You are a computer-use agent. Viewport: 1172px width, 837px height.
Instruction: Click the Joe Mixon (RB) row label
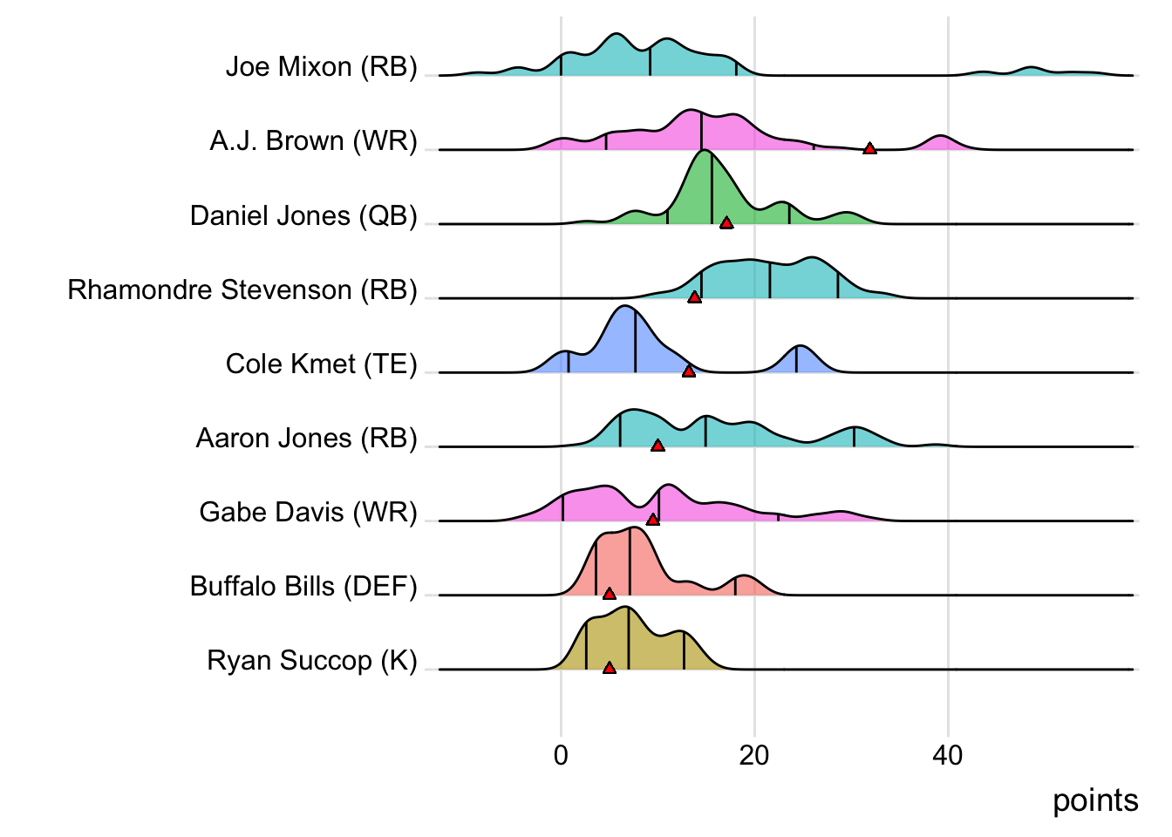[x=321, y=67]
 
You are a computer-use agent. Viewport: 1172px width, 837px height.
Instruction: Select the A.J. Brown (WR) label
[x=313, y=141]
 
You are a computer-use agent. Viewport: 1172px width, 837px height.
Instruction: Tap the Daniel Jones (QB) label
[x=303, y=215]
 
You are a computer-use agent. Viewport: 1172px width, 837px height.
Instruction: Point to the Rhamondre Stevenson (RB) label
[x=242, y=289]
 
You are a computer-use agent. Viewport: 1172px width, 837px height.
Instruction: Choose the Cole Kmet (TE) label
[x=321, y=364]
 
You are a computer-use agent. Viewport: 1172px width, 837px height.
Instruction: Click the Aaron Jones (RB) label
[x=306, y=438]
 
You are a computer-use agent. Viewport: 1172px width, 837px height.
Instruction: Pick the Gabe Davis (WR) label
[x=308, y=512]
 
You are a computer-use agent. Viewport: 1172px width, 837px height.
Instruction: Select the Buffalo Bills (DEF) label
[x=303, y=586]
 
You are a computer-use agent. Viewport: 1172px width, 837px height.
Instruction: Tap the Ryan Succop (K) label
[x=312, y=660]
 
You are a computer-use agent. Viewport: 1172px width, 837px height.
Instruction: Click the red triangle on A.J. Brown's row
[x=869, y=149]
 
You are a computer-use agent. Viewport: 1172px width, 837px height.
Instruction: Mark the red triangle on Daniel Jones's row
[x=726, y=223]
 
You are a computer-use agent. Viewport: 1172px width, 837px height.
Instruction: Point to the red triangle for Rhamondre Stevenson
[x=694, y=297]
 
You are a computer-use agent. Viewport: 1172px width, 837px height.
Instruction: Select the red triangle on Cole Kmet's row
[x=689, y=371]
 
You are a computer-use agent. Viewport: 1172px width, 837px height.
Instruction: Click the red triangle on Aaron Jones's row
[x=658, y=446]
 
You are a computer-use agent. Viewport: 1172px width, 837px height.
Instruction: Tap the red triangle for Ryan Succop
[x=610, y=668]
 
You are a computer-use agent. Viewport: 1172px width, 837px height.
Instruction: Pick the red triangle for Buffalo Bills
[x=610, y=594]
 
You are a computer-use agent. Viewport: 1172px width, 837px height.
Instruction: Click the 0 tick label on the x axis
[x=561, y=755]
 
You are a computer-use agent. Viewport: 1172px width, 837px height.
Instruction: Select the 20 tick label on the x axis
[x=754, y=755]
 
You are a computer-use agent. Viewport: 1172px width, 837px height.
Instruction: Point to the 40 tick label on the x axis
[x=948, y=755]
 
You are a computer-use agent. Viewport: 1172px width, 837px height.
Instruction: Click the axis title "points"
[x=1095, y=800]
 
